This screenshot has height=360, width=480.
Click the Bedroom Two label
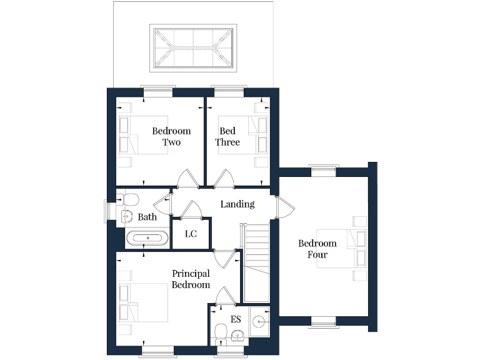tap(171, 137)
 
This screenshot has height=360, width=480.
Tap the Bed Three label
tap(227, 137)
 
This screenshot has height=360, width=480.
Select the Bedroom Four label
tap(317, 249)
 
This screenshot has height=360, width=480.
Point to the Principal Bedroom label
tap(191, 279)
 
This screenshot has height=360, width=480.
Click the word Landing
tap(237, 204)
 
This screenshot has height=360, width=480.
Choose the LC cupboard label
tap(191, 234)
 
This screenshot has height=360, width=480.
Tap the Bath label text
tap(147, 217)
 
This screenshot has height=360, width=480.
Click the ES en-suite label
tap(236, 319)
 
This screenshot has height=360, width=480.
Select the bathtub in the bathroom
tap(147, 238)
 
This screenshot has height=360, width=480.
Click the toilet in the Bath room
tap(130, 199)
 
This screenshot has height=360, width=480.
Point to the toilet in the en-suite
tap(220, 331)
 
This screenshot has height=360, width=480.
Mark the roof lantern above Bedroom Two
tap(193, 48)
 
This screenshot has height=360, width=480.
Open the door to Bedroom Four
tap(280, 207)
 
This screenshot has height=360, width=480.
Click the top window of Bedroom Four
tap(324, 167)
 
